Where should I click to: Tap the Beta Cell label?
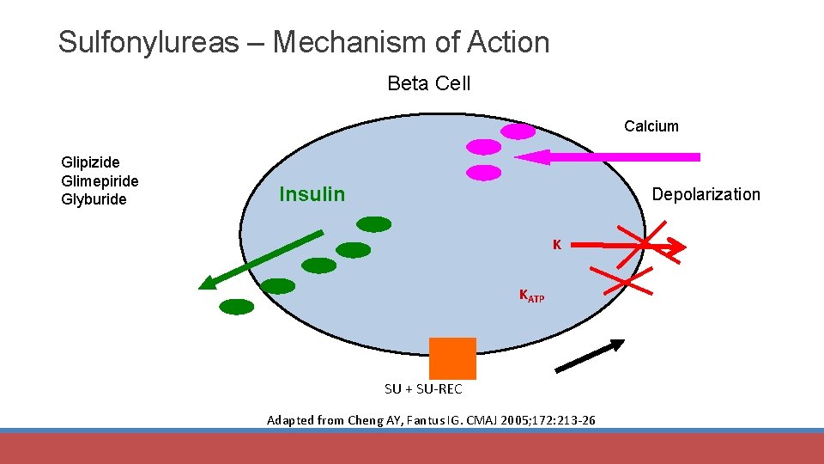pyautogui.click(x=428, y=83)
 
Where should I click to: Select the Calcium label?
pyautogui.click(x=651, y=126)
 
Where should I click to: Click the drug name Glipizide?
pyautogui.click(x=90, y=162)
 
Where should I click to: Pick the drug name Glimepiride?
pyautogui.click(x=100, y=180)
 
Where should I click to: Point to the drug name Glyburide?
pyautogui.click(x=94, y=199)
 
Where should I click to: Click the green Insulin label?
pyautogui.click(x=312, y=194)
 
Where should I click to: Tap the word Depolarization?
pyautogui.click(x=706, y=194)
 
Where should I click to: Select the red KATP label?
pyautogui.click(x=530, y=296)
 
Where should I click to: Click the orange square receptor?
pyautogui.click(x=452, y=358)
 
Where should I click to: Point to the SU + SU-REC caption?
pyautogui.click(x=423, y=389)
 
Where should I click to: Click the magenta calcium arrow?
pyautogui.click(x=609, y=157)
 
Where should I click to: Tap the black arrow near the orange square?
pyautogui.click(x=591, y=356)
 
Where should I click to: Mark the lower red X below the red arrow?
pyautogui.click(x=628, y=282)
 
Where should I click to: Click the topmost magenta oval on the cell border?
pyautogui.click(x=518, y=131)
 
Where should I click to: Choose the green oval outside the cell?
pyautogui.click(x=237, y=306)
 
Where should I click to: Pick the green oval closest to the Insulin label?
pyautogui.click(x=373, y=224)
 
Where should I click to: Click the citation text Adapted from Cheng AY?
pyautogui.click(x=432, y=420)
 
